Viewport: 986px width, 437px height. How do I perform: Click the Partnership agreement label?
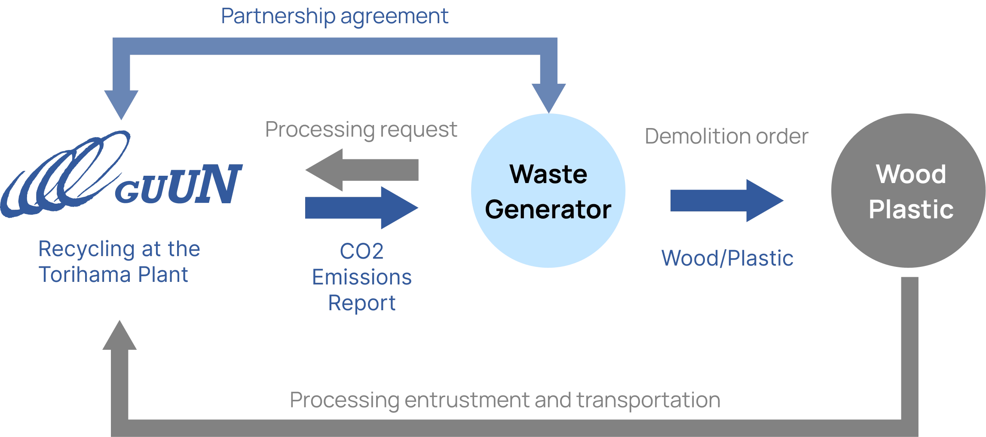[x=334, y=16]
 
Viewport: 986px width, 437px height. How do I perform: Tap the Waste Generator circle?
[x=548, y=191]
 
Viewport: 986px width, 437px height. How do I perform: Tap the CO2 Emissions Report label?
[x=361, y=277]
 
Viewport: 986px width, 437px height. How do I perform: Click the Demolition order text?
[x=726, y=137]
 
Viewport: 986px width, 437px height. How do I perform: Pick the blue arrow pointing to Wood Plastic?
[x=726, y=201]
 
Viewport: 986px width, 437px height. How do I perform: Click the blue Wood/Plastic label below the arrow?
[x=727, y=258]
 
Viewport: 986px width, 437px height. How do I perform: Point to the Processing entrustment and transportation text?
[x=505, y=400]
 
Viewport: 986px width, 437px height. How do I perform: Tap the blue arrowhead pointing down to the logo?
[x=122, y=103]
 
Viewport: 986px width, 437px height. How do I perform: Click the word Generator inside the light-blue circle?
[x=548, y=209]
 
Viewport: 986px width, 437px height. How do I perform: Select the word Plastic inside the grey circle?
[x=911, y=209]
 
